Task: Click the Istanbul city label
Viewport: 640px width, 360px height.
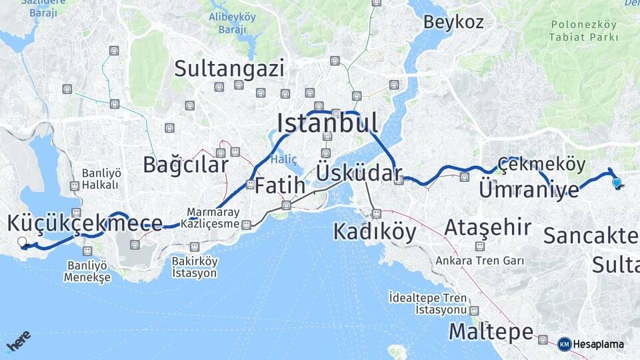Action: (327, 123)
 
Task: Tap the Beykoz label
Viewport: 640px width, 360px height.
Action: (453, 22)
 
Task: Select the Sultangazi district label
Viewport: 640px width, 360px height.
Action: (229, 68)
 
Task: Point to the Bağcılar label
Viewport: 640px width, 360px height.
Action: (185, 165)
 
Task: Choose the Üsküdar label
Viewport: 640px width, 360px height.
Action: (359, 173)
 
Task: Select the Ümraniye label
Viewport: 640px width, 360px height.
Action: (529, 189)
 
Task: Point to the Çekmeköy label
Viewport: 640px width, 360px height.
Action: (541, 164)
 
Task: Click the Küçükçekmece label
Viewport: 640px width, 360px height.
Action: (85, 223)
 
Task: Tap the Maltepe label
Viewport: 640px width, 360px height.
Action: (491, 331)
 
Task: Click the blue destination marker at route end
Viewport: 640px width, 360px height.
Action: (617, 182)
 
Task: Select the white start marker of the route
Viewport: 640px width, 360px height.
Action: (22, 242)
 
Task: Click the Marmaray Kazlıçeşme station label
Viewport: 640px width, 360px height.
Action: (213, 218)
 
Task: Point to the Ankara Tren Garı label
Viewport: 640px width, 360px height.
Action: (479, 261)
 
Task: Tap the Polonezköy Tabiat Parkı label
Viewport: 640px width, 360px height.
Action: (584, 31)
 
